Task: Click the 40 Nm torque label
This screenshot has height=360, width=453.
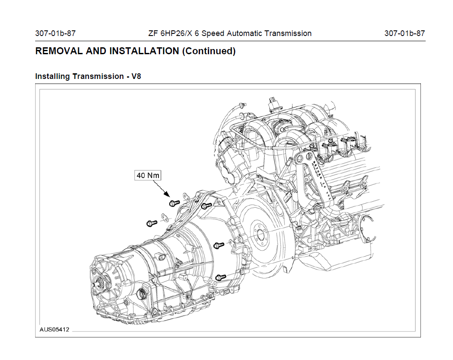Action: point(148,175)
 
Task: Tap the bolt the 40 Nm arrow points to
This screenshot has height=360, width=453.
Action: point(174,203)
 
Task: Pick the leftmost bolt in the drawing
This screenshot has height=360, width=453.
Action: point(151,223)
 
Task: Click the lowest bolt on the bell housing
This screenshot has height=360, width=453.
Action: point(221,276)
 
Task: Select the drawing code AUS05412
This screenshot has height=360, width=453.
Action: point(54,330)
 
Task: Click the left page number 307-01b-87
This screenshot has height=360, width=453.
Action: point(55,33)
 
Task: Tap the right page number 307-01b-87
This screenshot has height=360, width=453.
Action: point(404,33)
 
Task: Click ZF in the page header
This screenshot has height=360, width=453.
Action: point(153,33)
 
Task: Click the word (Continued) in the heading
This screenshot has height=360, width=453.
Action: point(209,51)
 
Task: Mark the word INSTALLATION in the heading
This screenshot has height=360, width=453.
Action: point(144,51)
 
